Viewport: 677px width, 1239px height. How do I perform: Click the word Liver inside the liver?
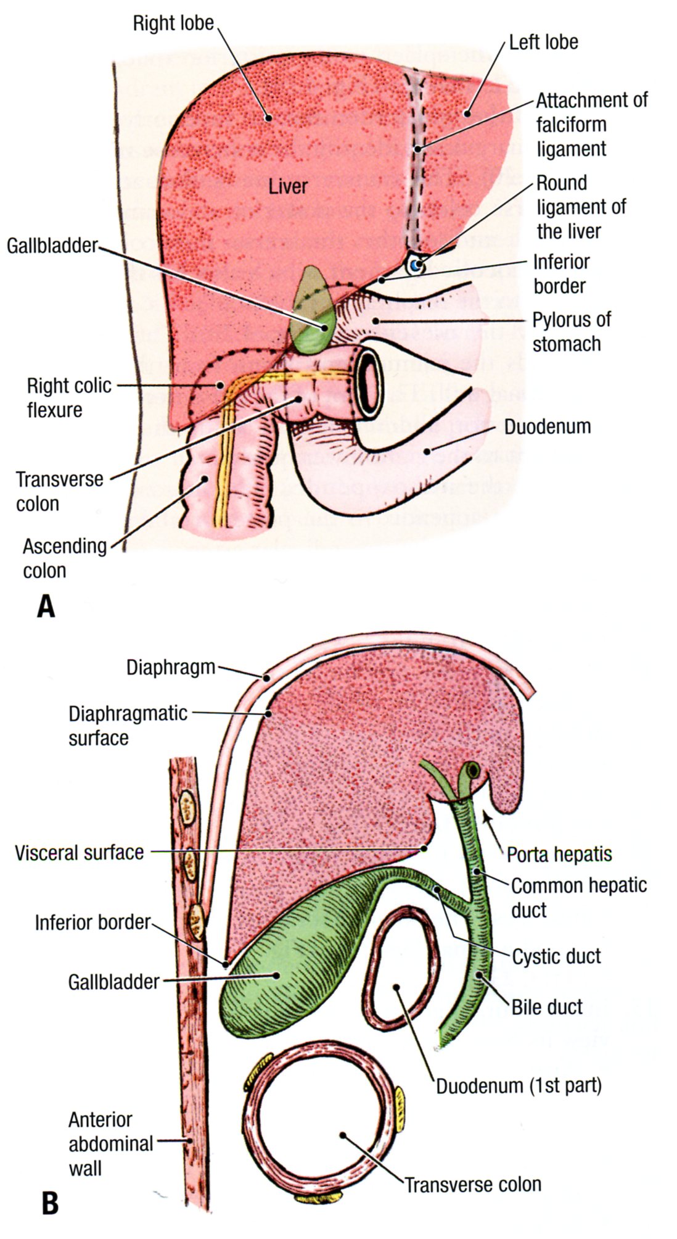287,186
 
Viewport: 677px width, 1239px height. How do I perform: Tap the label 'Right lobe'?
173,23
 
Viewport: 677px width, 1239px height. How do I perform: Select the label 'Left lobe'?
543,42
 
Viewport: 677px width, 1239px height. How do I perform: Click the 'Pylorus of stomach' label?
572,331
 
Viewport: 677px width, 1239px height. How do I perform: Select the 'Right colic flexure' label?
69,397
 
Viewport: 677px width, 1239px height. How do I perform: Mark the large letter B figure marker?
49,1203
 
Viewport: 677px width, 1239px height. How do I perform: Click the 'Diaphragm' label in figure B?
171,667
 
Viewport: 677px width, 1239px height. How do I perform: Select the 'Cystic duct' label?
556,956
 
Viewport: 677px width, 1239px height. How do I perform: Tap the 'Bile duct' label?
546,1006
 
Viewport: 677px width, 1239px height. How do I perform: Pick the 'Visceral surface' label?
79,853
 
